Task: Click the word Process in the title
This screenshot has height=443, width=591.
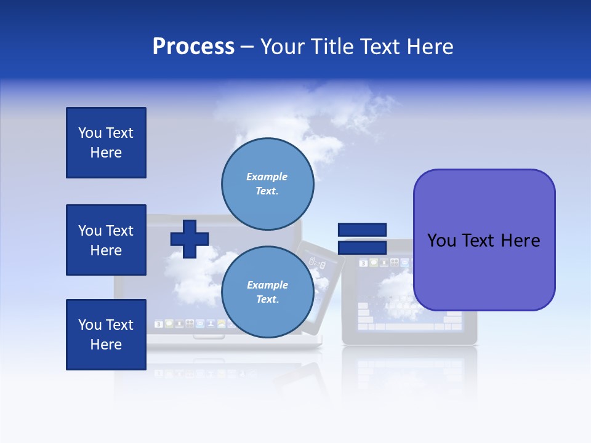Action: tap(193, 47)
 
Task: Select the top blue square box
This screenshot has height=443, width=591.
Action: tap(106, 143)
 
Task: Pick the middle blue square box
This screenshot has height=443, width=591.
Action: tap(106, 240)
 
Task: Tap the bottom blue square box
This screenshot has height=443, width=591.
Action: tap(106, 334)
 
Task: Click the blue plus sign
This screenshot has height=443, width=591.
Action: tap(190, 239)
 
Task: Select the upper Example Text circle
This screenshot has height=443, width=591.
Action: tap(267, 183)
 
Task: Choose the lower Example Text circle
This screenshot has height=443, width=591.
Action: tap(267, 292)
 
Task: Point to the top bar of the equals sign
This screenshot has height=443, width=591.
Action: tap(362, 229)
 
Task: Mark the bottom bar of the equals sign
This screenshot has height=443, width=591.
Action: tap(362, 247)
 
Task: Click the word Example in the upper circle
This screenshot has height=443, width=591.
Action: tap(267, 177)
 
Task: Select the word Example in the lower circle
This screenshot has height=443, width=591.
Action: tap(267, 285)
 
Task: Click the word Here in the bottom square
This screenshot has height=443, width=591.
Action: tap(106, 345)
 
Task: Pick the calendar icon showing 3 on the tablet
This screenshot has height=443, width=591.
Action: tap(363, 263)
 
